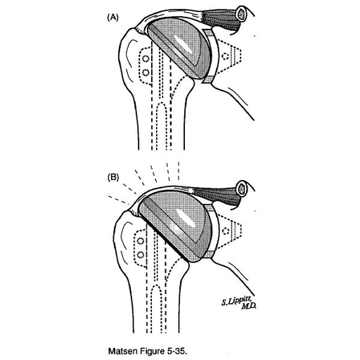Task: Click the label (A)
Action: point(112,18)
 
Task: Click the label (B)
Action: point(113,178)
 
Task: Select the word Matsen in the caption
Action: point(122,351)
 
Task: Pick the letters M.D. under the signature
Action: point(249,306)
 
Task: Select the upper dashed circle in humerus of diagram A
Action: point(146,58)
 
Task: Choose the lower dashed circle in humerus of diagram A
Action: point(146,72)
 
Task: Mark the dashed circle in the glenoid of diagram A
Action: point(225,56)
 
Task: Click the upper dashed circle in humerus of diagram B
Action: point(141,241)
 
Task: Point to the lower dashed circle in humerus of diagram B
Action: point(141,255)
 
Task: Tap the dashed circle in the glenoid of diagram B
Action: point(226,231)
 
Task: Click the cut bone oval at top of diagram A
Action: point(241,15)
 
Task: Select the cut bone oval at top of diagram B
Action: point(242,189)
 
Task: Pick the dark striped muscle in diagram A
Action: point(223,21)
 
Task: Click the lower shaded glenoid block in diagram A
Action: point(207,79)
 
